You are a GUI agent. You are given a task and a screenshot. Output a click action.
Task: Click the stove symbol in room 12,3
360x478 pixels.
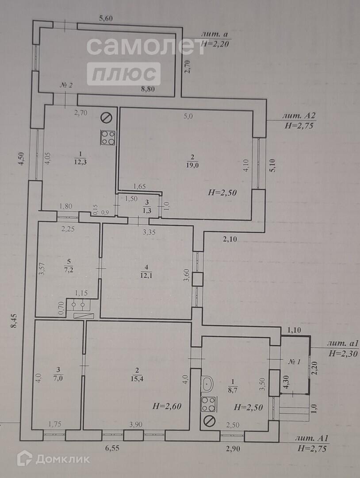[x=108, y=138]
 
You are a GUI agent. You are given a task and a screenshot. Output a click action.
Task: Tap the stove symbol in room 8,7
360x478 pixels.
[x=208, y=404]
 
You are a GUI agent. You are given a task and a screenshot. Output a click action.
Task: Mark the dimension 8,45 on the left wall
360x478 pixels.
[x=14, y=320]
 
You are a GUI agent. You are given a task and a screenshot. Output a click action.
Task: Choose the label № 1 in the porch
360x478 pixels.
[x=295, y=362]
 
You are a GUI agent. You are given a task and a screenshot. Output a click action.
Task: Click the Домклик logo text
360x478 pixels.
[x=62, y=459]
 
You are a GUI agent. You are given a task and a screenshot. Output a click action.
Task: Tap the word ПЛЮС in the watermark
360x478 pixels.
[x=123, y=74]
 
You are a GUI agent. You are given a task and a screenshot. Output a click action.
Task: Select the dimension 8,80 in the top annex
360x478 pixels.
[x=149, y=89]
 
